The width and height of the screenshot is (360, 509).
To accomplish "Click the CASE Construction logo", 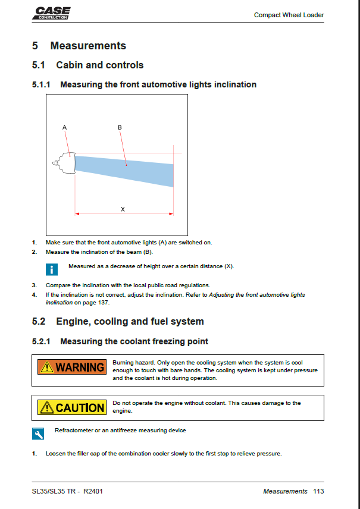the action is [51, 13].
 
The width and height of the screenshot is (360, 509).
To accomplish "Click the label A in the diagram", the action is [64, 128].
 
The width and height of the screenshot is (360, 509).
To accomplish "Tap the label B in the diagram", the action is [120, 128].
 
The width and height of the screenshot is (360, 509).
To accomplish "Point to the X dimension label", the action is [123, 209].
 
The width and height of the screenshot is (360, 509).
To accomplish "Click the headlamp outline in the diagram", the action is [64, 163].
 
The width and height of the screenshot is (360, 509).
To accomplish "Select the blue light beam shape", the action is [124, 171].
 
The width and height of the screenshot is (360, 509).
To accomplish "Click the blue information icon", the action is [52, 269].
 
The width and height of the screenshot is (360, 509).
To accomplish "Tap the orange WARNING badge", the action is [72, 367].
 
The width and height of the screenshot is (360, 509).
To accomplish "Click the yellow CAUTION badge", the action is [72, 407].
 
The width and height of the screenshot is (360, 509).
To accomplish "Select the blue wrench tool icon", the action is [38, 433].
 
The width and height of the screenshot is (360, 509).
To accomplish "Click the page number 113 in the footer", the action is [318, 491].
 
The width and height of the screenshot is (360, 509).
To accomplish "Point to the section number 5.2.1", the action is [41, 341].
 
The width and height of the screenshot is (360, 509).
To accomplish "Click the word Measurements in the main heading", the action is [88, 46].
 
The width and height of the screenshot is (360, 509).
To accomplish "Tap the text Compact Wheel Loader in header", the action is [289, 15].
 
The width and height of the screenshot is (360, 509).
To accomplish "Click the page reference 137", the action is [104, 303].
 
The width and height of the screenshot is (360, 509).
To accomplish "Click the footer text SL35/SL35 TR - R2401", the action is [67, 491].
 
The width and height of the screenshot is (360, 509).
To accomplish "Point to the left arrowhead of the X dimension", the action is [77, 214].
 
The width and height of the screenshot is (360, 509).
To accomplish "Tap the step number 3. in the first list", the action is [35, 285].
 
